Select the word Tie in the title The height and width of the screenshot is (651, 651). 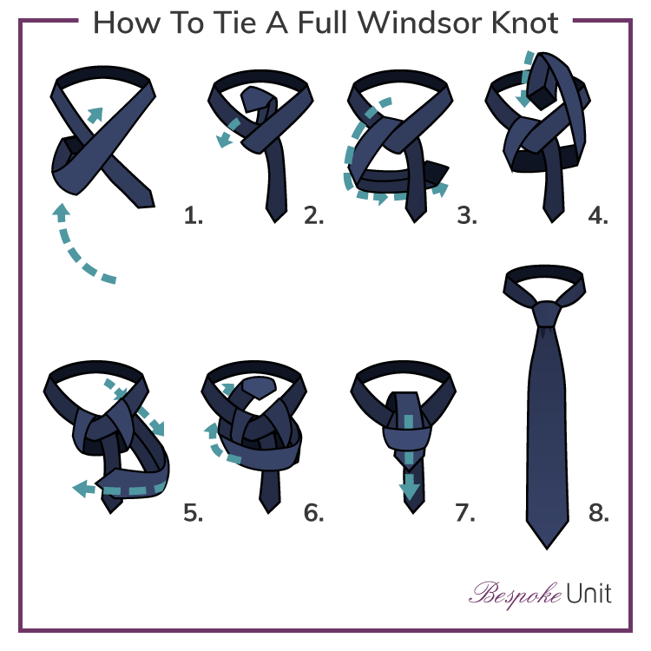point(229,23)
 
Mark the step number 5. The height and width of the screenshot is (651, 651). point(193,513)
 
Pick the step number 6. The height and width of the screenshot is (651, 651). point(313,513)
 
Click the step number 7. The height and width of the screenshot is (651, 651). point(465,513)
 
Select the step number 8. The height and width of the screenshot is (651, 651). point(598,513)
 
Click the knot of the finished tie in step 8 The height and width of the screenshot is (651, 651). point(546,313)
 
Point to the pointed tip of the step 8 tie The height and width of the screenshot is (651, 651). point(545,542)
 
